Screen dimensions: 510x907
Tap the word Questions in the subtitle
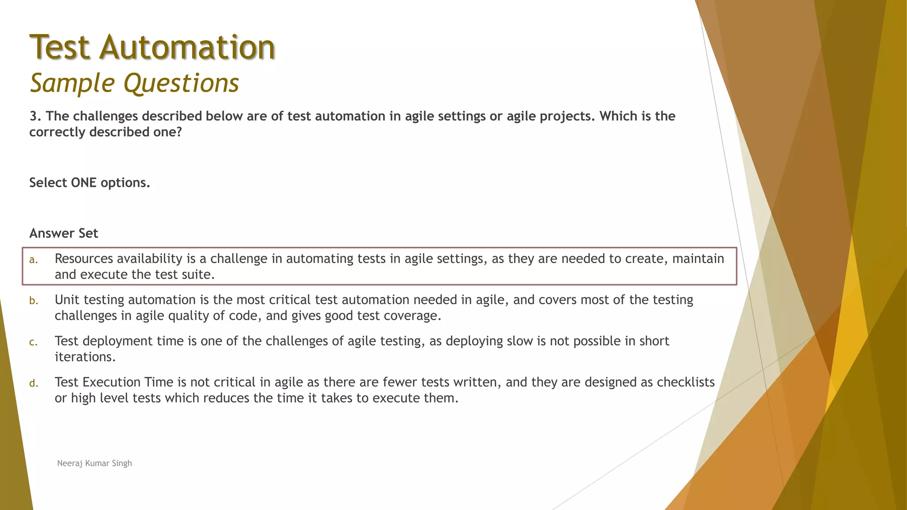[x=181, y=83]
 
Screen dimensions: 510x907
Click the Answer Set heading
[x=64, y=233]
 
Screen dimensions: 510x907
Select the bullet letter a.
[x=33, y=260]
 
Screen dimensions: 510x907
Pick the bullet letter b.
[x=34, y=301]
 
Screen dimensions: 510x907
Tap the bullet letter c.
[x=33, y=342]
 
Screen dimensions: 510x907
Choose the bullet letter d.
[x=34, y=383]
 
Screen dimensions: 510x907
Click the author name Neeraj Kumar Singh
[x=94, y=463]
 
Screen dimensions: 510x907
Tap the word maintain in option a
[x=698, y=259]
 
